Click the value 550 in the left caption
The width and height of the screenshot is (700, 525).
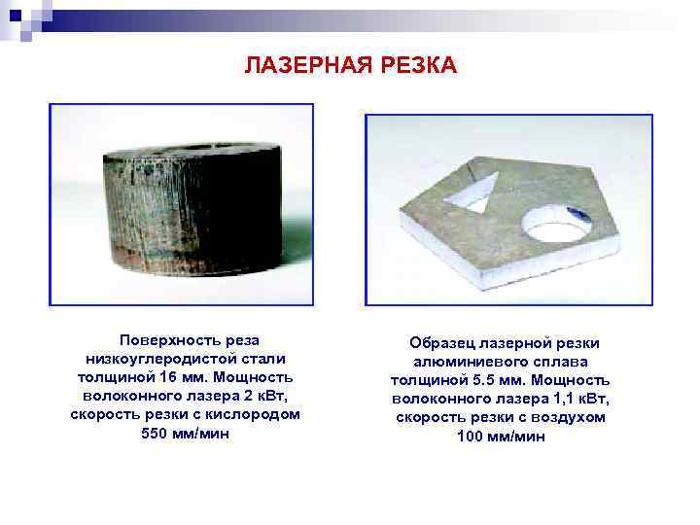pyautogui.click(x=157, y=433)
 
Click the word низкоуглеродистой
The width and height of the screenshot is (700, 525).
pyautogui.click(x=153, y=359)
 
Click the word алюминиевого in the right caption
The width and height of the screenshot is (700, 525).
pyautogui.click(x=469, y=361)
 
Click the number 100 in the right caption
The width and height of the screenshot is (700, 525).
pyautogui.click(x=471, y=436)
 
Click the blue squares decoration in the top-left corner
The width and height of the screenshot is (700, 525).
pyautogui.click(x=24, y=19)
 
